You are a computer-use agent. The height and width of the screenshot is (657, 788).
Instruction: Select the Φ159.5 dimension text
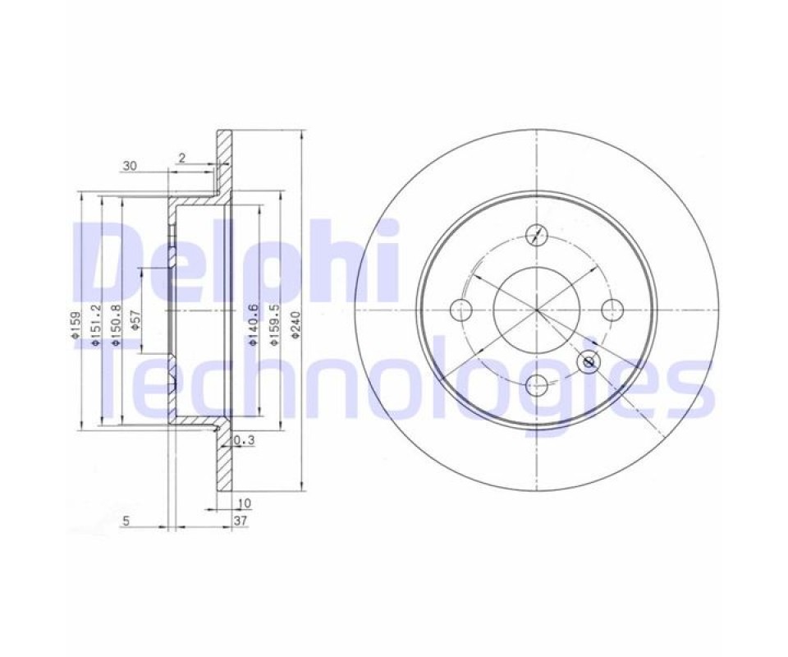click(x=274, y=324)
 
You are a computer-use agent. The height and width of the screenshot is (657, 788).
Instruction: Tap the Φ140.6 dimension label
click(x=254, y=324)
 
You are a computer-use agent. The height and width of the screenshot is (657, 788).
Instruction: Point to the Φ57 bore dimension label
click(x=135, y=320)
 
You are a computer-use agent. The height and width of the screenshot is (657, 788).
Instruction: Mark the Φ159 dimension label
click(x=76, y=324)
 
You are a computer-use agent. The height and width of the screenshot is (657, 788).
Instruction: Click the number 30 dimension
click(x=130, y=166)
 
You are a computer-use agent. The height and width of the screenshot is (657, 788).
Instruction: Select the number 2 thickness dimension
click(x=182, y=158)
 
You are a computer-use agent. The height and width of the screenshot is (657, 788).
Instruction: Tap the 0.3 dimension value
click(x=245, y=440)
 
